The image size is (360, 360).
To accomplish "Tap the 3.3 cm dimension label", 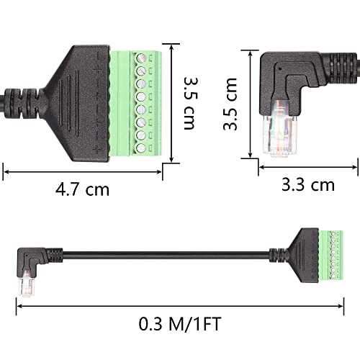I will click(x=307, y=184).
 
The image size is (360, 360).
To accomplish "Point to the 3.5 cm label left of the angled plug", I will click(x=230, y=104).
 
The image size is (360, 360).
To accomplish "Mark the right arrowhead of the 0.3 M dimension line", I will click(x=341, y=305).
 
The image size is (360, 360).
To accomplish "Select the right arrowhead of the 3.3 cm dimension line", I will click(x=354, y=168).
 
